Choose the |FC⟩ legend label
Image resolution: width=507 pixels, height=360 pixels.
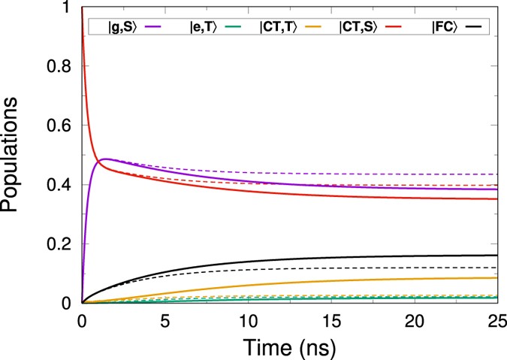[x=443, y=27]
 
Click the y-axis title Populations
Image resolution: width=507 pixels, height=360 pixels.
[x=16, y=155]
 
